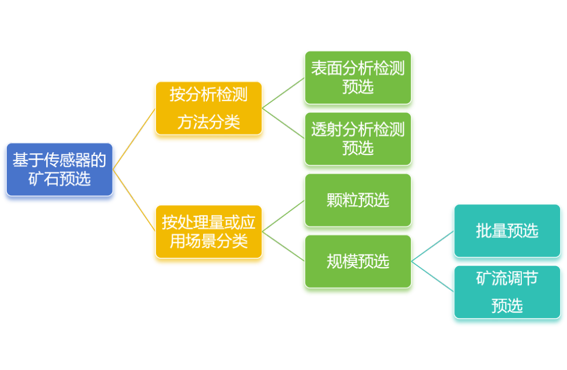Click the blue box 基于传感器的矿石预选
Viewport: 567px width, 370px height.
point(60,170)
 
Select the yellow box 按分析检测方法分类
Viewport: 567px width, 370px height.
point(208,109)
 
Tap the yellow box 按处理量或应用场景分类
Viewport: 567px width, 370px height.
point(208,231)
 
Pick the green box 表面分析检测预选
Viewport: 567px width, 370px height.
point(358,78)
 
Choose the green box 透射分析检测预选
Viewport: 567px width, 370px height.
point(358,139)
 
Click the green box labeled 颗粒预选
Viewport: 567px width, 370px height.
point(358,200)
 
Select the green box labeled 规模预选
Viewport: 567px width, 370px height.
point(358,261)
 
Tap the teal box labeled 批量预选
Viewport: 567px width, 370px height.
point(507,231)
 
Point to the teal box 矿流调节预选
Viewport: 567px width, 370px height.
point(507,292)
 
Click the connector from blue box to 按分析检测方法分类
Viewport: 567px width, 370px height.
point(134,139)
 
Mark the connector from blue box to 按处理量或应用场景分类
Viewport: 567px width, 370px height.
point(134,200)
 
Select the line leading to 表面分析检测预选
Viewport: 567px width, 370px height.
point(283,93)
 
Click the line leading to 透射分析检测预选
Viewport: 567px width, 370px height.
point(283,123)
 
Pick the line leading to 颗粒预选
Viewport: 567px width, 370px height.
point(283,216)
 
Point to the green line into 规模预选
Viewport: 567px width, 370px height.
point(283,247)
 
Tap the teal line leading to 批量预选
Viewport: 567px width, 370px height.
point(433,246)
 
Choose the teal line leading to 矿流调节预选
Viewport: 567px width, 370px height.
point(433,277)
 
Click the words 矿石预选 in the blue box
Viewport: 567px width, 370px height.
point(60,179)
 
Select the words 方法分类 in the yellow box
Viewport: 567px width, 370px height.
point(208,122)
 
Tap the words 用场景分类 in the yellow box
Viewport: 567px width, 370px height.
point(208,241)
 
